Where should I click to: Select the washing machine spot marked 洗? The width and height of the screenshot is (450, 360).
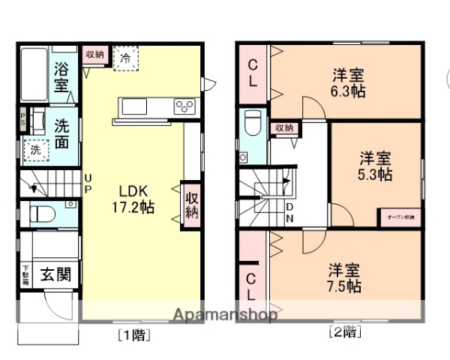click(35, 148)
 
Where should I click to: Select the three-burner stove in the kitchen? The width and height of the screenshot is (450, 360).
click(184, 106)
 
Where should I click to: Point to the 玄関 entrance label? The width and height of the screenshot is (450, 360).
click(55, 274)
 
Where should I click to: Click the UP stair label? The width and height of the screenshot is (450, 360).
click(88, 182)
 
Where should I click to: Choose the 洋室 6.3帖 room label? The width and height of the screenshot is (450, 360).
click(348, 82)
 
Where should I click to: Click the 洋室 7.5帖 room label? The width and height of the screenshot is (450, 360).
click(344, 277)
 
